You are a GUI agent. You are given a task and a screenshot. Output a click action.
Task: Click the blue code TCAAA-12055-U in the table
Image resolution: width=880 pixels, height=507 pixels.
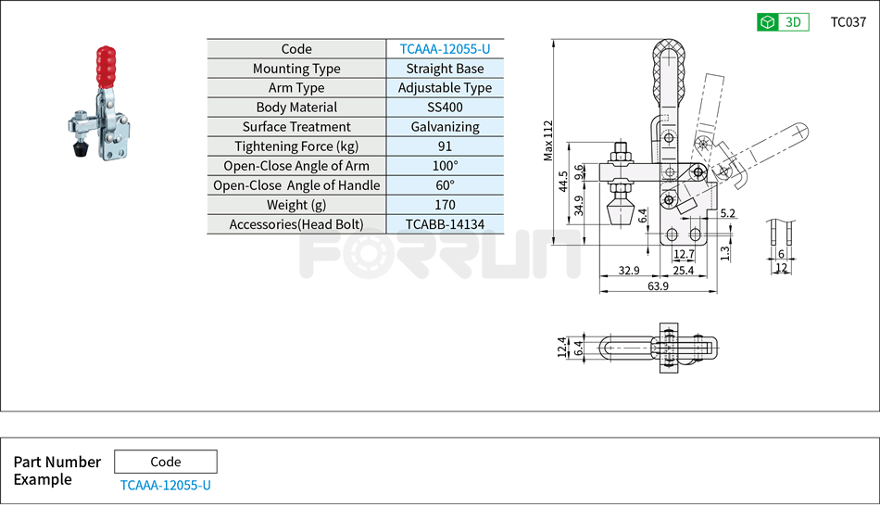click(x=445, y=49)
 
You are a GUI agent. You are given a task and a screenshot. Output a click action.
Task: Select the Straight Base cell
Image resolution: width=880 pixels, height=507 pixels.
click(x=445, y=69)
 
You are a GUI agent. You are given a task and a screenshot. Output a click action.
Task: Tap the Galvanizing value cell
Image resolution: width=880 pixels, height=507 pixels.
click(x=445, y=127)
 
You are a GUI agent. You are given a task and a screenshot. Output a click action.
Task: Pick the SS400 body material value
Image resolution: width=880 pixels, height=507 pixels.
click(x=445, y=108)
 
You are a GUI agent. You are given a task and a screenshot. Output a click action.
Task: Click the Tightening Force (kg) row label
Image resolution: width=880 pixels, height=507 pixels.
click(x=295, y=146)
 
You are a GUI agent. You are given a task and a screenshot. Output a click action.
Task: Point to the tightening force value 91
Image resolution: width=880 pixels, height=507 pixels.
click(x=445, y=146)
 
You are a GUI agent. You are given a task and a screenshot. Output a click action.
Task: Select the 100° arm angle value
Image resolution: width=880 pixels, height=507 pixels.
click(x=445, y=166)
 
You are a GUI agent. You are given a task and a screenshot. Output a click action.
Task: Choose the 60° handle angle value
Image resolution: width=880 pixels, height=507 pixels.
click(x=445, y=185)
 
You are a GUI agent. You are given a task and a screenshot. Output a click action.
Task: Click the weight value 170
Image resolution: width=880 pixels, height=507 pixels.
click(x=445, y=205)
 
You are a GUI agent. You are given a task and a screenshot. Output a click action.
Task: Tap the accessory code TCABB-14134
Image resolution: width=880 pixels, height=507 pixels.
click(x=445, y=224)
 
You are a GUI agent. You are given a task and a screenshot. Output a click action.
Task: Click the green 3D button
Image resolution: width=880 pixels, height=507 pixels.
click(x=783, y=22)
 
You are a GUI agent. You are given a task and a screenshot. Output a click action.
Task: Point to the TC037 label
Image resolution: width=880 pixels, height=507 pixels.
click(x=848, y=22)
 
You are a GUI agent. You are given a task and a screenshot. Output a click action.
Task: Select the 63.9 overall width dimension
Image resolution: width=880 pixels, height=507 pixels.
click(x=658, y=286)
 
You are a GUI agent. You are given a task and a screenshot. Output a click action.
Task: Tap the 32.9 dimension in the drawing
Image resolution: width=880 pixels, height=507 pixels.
click(x=630, y=271)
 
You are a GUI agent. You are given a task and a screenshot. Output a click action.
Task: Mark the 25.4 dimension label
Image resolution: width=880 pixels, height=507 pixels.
click(x=684, y=271)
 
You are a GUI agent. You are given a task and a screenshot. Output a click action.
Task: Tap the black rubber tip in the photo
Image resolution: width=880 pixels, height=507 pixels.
click(x=82, y=147)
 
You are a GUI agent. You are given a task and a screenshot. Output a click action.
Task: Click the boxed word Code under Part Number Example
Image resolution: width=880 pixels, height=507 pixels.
click(x=166, y=462)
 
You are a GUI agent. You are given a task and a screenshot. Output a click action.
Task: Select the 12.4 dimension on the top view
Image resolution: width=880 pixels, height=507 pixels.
click(x=561, y=347)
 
